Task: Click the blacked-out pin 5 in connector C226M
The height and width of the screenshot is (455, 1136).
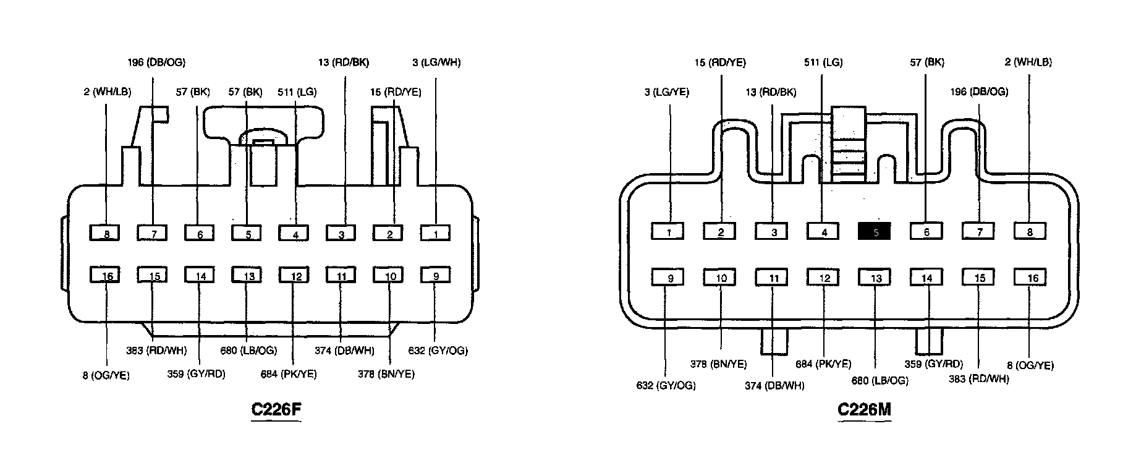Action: click(x=875, y=232)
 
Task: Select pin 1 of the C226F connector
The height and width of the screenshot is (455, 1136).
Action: click(x=436, y=234)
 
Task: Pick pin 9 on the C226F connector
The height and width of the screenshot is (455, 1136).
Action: click(x=436, y=276)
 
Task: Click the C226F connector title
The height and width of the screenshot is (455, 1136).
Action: click(x=276, y=409)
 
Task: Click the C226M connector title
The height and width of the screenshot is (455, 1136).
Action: click(x=864, y=409)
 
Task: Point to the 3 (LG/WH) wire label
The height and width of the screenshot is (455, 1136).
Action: click(x=436, y=62)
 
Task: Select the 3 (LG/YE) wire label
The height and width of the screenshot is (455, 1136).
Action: click(x=666, y=92)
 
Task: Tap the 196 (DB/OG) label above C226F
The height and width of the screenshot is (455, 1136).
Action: click(x=156, y=62)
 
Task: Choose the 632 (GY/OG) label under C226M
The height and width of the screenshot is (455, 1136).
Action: click(x=666, y=386)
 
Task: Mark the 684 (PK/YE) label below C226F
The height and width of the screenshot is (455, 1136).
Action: click(x=289, y=374)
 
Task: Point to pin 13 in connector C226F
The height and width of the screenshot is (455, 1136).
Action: click(x=248, y=276)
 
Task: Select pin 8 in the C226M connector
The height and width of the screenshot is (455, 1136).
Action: click(x=1030, y=232)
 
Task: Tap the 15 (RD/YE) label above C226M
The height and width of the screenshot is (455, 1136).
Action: click(x=719, y=62)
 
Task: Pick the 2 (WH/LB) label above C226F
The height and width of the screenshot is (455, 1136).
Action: click(x=107, y=92)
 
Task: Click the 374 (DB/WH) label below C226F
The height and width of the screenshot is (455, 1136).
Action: click(x=344, y=351)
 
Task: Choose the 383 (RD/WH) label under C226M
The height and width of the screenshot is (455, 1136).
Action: click(x=979, y=378)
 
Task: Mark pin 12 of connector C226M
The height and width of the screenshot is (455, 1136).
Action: click(x=824, y=278)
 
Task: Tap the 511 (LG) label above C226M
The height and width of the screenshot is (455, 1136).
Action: click(x=823, y=62)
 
